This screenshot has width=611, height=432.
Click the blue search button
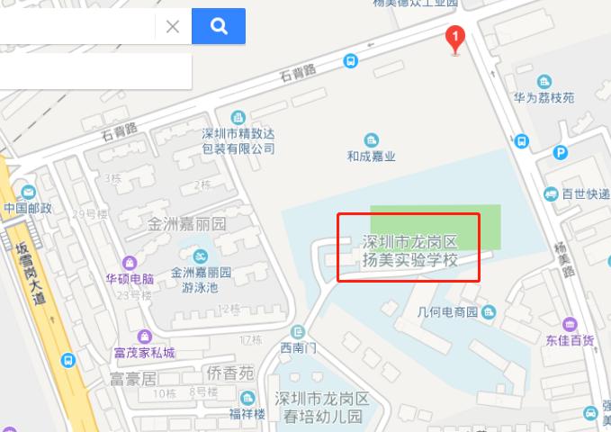[x=219, y=26]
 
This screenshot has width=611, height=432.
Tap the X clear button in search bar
[x=173, y=26]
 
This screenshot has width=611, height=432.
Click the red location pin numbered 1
[x=455, y=39]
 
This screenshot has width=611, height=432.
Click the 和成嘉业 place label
[x=372, y=156]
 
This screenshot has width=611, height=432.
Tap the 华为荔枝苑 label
[x=544, y=97]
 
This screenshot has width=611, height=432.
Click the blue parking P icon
[x=562, y=153]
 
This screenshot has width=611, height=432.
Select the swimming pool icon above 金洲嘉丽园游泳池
[x=202, y=254]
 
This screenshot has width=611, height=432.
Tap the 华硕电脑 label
[x=130, y=278]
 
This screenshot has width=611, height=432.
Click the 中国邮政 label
[x=28, y=208]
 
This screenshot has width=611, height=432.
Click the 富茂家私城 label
[x=144, y=352]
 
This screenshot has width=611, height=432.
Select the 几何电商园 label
[x=447, y=312]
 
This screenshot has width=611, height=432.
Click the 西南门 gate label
[x=298, y=347]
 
